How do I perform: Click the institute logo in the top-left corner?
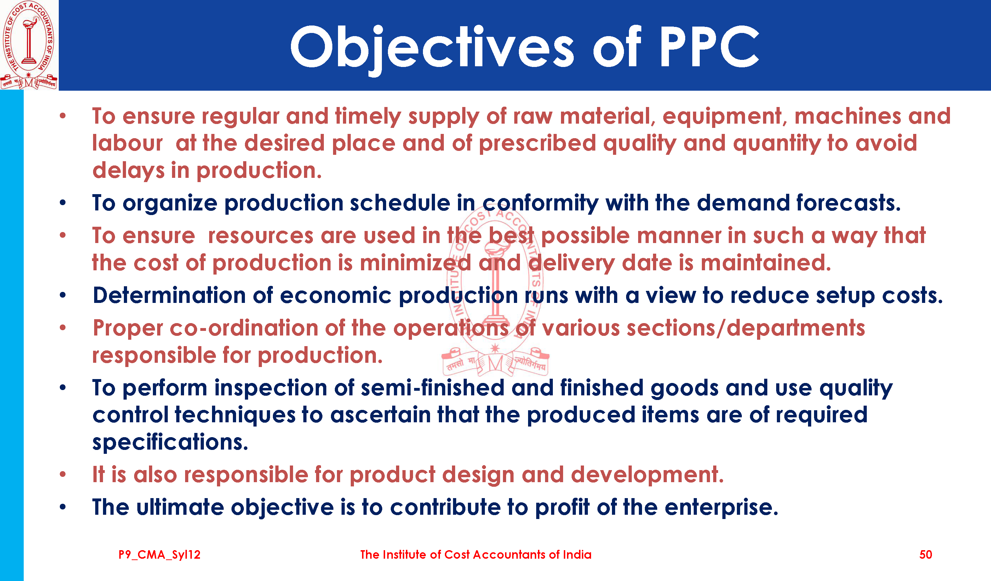(29, 45)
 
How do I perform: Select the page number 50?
(925, 555)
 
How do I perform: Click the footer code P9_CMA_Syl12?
(159, 555)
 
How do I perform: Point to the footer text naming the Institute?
(475, 555)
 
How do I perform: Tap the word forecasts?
(848, 203)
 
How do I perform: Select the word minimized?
(415, 263)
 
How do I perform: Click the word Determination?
(170, 295)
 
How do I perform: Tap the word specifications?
(170, 442)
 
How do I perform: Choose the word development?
(647, 474)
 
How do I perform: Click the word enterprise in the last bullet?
(721, 507)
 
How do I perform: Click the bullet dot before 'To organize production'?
(63, 203)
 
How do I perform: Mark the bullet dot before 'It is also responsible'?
(63, 474)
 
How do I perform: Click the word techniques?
(235, 415)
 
